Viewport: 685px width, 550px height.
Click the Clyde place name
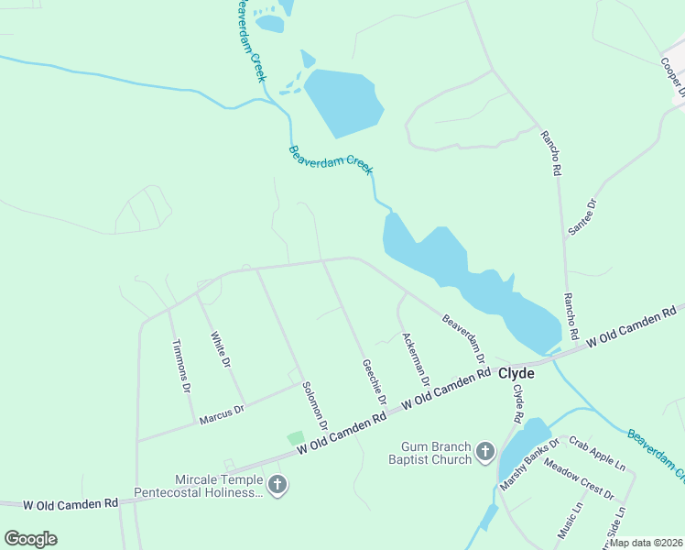click(516, 373)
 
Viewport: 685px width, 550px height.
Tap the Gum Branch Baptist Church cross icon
click(484, 452)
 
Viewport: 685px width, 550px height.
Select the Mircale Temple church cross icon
click(277, 485)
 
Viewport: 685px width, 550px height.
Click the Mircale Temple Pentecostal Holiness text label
click(198, 487)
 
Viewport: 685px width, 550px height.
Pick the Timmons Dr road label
click(180, 366)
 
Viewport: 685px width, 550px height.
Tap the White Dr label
click(220, 349)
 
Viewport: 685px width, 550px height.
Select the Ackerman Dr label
click(416, 358)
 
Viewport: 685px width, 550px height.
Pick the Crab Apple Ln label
click(596, 453)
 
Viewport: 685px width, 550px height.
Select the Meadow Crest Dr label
click(579, 478)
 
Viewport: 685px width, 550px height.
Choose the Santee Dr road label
click(582, 217)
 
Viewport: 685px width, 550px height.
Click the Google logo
click(30, 538)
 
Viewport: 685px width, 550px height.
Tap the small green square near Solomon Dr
click(295, 439)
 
